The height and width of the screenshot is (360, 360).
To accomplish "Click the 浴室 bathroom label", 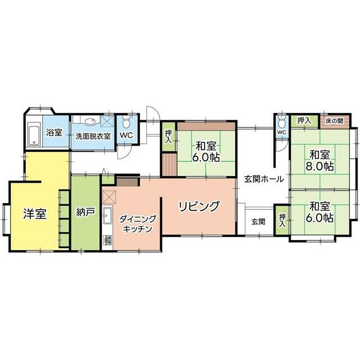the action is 54,132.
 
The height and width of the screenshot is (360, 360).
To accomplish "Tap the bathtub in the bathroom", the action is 34,134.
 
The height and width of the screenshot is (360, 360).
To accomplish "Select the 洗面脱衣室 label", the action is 93,136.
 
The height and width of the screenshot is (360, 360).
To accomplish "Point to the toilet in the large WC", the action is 126,121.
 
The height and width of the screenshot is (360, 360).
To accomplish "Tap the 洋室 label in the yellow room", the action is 35,214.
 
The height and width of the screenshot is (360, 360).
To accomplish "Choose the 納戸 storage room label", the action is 85,211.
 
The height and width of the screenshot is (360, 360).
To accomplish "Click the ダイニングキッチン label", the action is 137,224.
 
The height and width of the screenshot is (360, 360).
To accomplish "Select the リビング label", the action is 199,206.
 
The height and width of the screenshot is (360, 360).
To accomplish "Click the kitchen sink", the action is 107,215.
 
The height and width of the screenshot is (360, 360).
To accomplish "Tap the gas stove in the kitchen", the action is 107,240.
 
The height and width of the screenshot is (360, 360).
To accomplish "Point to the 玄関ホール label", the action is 264,179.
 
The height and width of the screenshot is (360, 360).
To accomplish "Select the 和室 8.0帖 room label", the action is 319,160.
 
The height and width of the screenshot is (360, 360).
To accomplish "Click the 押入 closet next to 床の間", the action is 304,120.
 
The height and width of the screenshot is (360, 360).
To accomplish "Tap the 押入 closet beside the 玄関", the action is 282,220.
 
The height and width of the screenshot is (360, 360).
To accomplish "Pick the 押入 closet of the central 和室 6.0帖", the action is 169,137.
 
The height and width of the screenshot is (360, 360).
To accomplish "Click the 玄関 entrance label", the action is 259,222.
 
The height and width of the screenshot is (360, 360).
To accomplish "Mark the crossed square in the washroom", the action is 107,121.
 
